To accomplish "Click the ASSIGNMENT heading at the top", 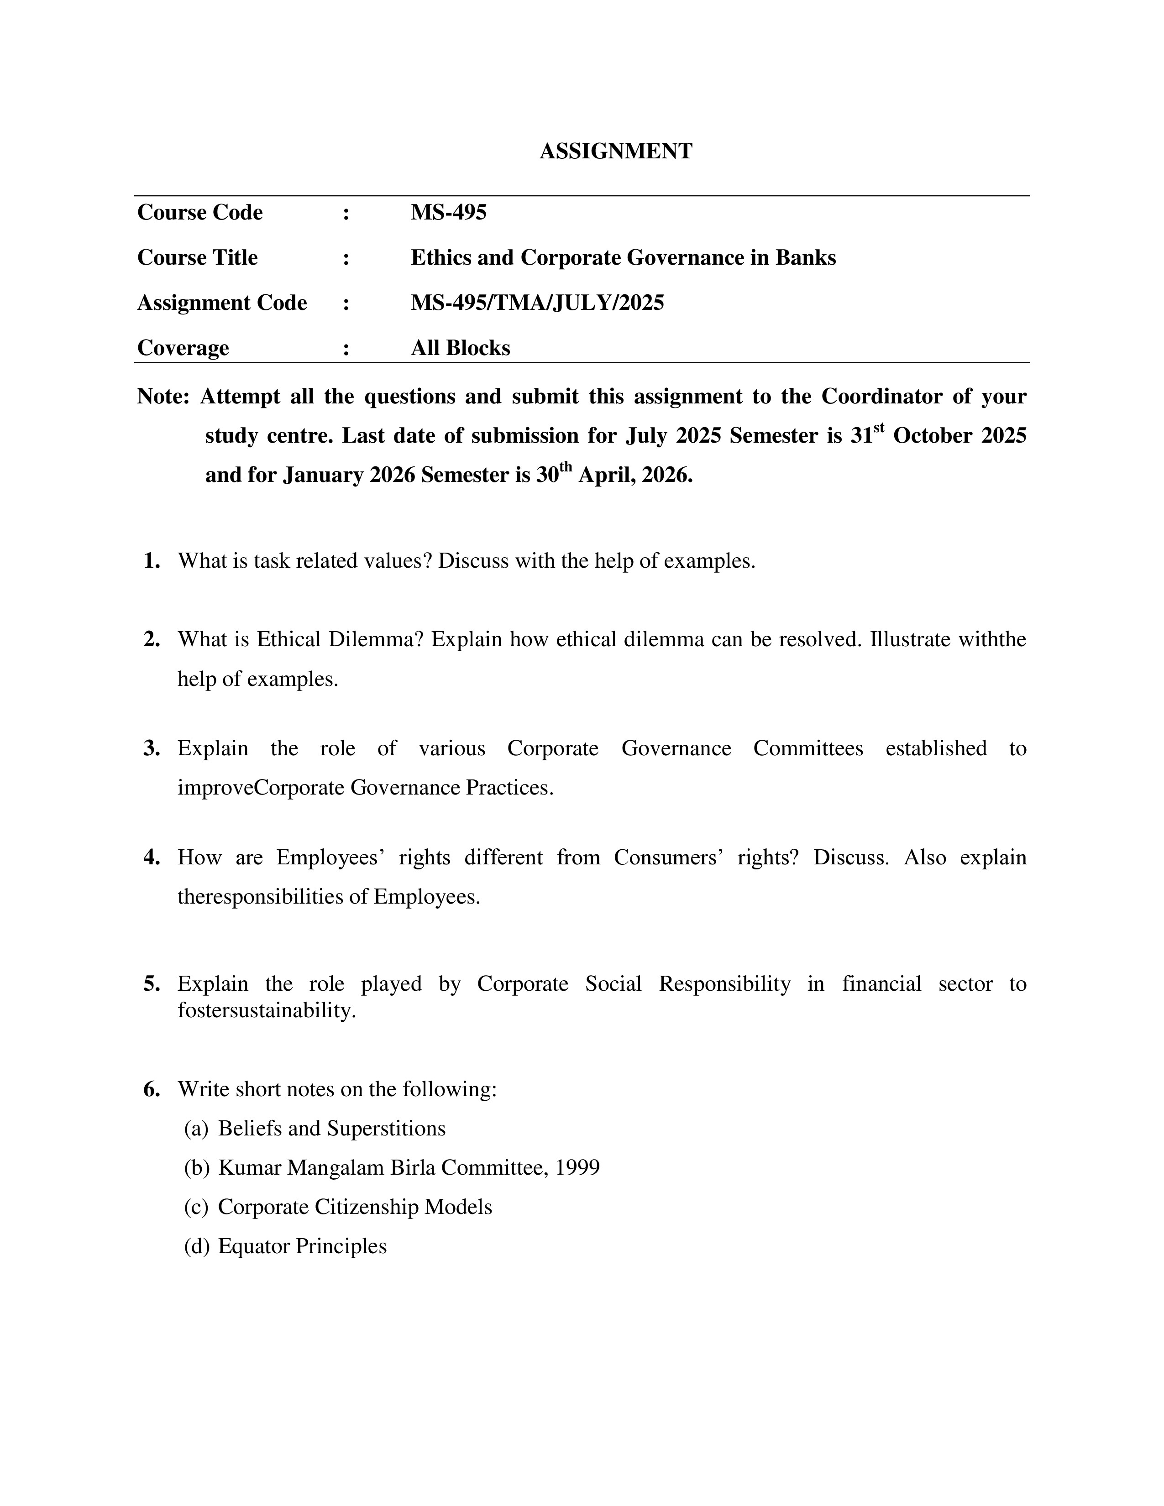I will (x=615, y=151).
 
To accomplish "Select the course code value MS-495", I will (x=448, y=212).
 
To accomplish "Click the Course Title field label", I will (x=197, y=258).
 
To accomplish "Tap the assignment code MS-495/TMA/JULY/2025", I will (x=537, y=303).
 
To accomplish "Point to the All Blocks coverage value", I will (x=460, y=348).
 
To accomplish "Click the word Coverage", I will (x=183, y=348).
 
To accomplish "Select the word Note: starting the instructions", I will (x=163, y=397).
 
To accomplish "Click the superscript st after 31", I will (x=879, y=428).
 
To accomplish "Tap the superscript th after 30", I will (x=566, y=467).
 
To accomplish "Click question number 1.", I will (x=152, y=561).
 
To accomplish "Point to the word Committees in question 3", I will (x=807, y=749).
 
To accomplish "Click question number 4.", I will (x=152, y=858).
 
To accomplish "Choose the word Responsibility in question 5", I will (x=724, y=984).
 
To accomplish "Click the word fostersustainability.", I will (x=266, y=1011).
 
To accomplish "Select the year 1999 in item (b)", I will (x=577, y=1167).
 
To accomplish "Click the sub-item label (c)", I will (x=196, y=1207).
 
